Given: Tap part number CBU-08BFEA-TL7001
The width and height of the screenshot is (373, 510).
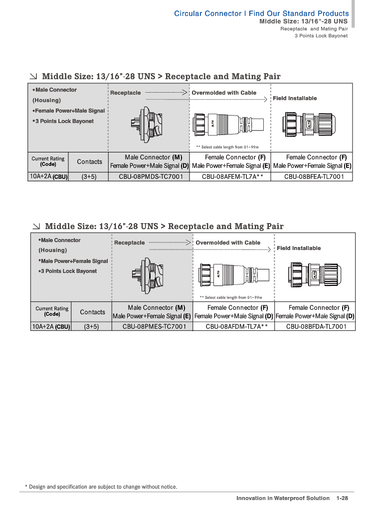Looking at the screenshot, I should (x=311, y=176).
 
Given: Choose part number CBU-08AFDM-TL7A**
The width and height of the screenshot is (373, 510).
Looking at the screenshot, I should (x=233, y=327).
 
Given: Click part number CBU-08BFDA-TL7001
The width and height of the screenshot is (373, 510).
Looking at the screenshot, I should (x=315, y=327).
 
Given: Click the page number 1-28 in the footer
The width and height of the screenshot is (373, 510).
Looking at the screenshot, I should (x=342, y=498).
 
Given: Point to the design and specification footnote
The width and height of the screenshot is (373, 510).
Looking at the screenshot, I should (x=101, y=487).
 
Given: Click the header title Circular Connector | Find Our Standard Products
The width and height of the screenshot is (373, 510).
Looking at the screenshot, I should (x=261, y=13).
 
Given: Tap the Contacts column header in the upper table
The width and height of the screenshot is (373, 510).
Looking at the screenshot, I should (x=90, y=162).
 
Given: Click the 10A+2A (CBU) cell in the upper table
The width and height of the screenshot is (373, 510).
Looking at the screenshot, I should (x=48, y=176).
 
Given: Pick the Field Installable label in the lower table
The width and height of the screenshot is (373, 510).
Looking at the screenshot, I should (x=299, y=248).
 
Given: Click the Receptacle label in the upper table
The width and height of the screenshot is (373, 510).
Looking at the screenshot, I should (x=125, y=93).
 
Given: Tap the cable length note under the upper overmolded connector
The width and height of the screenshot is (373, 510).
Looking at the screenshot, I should (x=227, y=147).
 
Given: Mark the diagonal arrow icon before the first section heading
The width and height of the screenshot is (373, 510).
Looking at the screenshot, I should (x=33, y=77).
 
